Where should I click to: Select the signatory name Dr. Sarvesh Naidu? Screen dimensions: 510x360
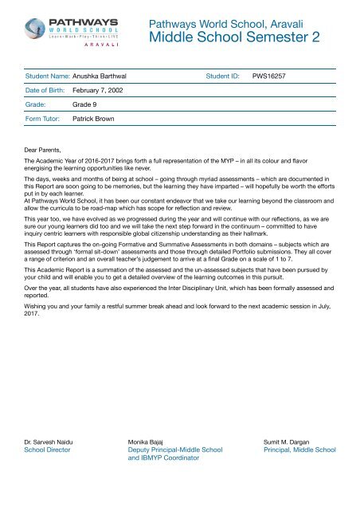54,441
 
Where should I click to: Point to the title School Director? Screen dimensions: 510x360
49,449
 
